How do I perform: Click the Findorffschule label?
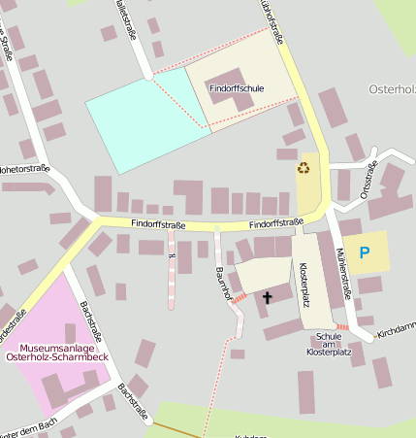237,88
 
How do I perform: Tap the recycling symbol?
304,168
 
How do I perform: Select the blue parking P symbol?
365,253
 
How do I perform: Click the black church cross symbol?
267,297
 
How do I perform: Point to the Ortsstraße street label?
367,181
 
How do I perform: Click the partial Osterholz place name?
392,89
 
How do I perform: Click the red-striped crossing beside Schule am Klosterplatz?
342,326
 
